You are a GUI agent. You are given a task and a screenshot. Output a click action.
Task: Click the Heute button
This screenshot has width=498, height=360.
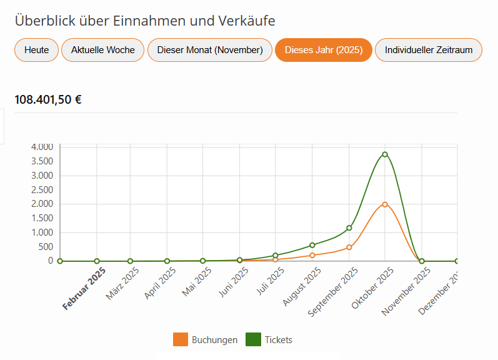pos(36,50)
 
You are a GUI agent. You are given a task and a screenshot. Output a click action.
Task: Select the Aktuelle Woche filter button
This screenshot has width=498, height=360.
pos(103,50)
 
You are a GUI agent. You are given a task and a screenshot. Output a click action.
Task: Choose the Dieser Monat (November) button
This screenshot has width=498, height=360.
pos(210,50)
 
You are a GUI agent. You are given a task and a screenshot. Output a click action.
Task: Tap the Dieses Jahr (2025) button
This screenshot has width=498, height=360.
pos(324,50)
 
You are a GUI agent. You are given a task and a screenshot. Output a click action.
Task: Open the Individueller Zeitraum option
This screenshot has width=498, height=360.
pos(429,50)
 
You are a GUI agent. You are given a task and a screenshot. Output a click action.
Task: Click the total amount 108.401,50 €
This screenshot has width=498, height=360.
pos(48,99)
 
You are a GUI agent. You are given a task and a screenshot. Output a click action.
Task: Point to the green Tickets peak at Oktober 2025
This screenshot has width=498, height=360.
pos(385,154)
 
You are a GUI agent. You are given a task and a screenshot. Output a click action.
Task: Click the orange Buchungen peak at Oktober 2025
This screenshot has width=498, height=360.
pos(385,204)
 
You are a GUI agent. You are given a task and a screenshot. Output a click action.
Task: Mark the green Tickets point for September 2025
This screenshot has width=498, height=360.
pos(349,228)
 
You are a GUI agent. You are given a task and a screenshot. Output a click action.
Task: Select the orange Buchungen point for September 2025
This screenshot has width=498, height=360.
pos(349,247)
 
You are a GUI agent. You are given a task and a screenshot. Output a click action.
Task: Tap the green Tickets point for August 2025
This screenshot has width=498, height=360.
pos(312,245)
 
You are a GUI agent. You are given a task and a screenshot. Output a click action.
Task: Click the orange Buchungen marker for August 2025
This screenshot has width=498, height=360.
pos(312,255)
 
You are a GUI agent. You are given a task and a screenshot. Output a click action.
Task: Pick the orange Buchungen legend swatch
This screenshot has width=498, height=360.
pos(181,339)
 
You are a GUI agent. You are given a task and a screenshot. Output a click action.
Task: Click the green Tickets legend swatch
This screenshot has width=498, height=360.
pos(253,339)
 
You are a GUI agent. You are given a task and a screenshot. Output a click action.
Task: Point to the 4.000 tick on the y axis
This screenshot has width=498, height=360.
pos(41,147)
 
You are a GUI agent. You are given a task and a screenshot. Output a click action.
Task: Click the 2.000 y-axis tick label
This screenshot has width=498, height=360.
pos(41,204)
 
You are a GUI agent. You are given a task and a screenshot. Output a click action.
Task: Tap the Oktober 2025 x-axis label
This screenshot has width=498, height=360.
pos(372,287)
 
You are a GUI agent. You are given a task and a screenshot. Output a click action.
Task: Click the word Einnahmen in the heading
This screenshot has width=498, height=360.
pos(144,21)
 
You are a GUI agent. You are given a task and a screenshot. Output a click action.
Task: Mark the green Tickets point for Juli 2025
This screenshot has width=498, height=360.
pos(276,256)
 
